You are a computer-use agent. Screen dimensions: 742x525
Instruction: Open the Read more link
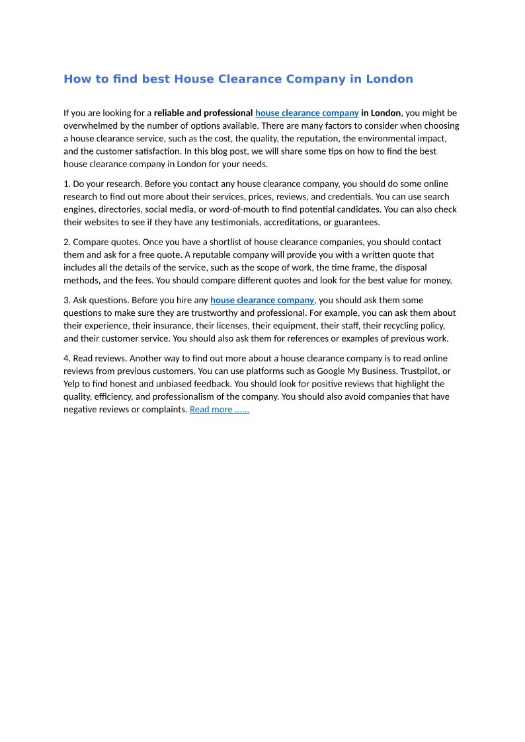point(219,410)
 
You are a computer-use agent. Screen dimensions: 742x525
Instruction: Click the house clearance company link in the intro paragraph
point(307,113)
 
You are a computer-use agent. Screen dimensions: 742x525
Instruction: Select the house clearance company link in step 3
point(262,300)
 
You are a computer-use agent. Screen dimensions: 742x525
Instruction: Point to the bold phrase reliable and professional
point(203,113)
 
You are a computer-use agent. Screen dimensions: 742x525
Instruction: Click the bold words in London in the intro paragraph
point(381,113)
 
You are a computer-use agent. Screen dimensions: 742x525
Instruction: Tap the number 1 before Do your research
point(66,184)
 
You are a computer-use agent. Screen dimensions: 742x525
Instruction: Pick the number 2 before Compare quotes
point(66,242)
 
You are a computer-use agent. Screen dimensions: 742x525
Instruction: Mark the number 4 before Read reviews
point(66,358)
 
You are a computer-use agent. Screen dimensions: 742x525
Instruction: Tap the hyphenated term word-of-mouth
point(231,209)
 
